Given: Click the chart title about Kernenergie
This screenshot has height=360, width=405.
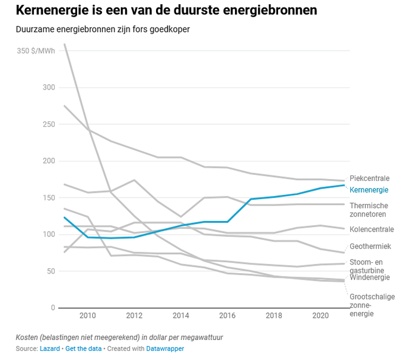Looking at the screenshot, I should (166, 10).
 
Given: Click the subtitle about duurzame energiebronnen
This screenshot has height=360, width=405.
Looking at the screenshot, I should (103, 29).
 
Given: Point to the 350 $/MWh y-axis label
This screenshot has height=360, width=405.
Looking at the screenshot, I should (36, 51).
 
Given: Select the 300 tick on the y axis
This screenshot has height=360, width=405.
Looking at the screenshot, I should (49, 87).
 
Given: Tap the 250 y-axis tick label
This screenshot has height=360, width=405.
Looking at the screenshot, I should (49, 124).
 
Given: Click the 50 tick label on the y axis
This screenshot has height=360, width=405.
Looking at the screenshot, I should (51, 271).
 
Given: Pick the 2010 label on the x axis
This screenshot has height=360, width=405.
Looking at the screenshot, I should (87, 315).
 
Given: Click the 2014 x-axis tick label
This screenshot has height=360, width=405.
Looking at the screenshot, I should (180, 315).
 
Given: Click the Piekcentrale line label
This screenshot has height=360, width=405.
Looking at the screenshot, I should (369, 179).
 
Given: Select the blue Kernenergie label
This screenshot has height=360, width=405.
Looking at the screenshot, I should (369, 190).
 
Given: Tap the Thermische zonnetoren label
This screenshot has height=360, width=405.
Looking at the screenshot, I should (369, 210).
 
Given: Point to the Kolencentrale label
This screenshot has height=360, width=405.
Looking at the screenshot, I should (372, 229).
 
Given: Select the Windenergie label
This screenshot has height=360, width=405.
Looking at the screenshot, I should (370, 277).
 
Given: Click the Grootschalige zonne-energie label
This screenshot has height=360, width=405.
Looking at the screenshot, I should (372, 305).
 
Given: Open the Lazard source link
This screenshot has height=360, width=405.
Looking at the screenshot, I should (50, 349).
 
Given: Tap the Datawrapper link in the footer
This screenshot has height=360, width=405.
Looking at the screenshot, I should (165, 349).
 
